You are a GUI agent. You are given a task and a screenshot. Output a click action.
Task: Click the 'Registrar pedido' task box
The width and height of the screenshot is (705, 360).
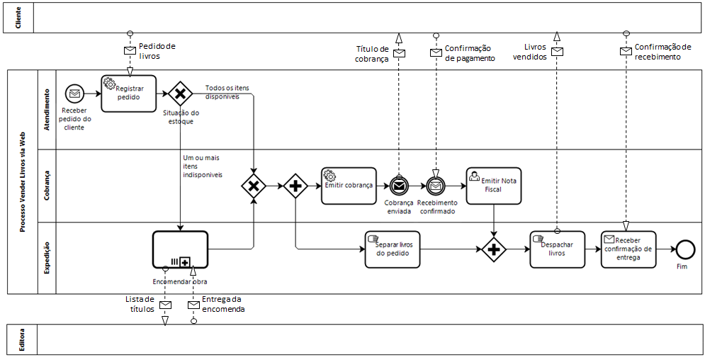coord(128,93)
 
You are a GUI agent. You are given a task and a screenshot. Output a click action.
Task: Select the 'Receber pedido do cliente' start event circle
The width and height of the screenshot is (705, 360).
coord(74,93)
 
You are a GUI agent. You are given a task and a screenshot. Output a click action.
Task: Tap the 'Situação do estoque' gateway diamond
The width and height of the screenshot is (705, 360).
coord(180,93)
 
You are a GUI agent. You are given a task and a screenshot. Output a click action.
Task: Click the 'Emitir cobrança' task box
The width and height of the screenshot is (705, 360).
coord(348,186)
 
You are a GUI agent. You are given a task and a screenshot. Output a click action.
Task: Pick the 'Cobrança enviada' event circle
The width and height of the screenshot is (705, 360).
coord(399,186)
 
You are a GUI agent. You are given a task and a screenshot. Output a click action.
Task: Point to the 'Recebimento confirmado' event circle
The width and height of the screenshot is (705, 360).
coord(435,186)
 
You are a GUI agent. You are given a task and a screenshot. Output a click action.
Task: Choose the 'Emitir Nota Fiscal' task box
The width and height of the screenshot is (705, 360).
coord(493,185)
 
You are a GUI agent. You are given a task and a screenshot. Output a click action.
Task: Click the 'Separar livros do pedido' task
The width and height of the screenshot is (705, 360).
coord(393,249)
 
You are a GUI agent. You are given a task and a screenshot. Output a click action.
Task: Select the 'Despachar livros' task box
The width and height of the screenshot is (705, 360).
coord(557,249)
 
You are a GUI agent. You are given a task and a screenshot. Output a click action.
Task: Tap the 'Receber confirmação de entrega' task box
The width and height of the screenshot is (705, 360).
coord(628,249)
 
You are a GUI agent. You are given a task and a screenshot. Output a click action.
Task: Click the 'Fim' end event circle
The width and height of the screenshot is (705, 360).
coord(684,249)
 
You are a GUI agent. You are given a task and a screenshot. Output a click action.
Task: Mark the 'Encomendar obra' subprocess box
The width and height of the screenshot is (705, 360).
coord(180,249)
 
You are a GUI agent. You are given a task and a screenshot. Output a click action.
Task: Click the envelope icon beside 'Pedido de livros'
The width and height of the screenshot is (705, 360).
coord(130,50)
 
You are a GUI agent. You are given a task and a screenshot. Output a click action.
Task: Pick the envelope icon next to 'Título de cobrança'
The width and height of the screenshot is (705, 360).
coord(399,53)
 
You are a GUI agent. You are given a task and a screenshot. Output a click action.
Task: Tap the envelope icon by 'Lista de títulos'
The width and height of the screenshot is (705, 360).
coord(165,305)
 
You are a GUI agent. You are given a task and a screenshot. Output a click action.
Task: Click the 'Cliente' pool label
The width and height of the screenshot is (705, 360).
coord(18,18)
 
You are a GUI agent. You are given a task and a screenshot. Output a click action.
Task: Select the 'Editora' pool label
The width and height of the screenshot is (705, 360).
coord(18,339)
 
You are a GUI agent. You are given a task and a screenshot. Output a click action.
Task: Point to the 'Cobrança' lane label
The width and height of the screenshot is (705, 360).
coord(47,186)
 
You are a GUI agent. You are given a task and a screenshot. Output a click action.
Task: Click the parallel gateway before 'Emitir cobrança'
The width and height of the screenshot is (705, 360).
coord(294,186)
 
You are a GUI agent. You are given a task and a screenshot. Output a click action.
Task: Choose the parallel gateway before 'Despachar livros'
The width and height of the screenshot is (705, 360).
coord(493,249)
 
